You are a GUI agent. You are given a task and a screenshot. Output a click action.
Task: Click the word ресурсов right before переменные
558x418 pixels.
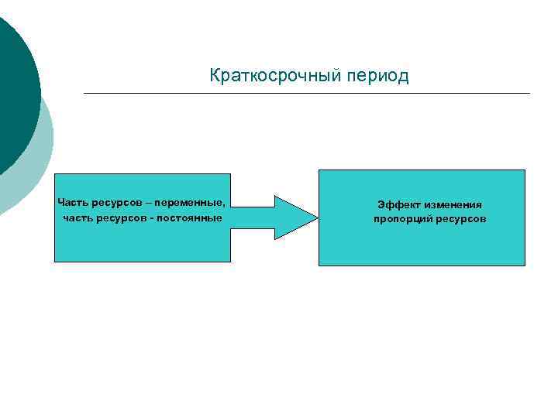(116, 203)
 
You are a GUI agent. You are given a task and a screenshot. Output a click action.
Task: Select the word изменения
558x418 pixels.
(453, 204)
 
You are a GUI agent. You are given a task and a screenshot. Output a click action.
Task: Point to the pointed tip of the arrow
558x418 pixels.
(315, 217)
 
